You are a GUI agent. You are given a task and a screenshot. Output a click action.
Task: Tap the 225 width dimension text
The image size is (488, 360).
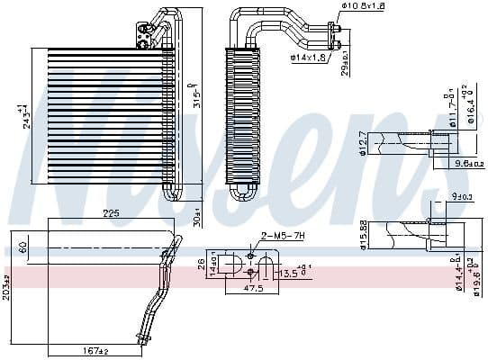pyautogui.click(x=111, y=214)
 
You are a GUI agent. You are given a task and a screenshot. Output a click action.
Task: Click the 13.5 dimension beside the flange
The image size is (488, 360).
pyautogui.click(x=293, y=272)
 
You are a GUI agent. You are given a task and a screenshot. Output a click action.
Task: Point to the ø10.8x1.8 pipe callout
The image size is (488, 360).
pyautogui.click(x=362, y=7)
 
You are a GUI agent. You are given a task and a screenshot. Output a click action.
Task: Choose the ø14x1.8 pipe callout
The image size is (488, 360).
pyautogui.click(x=308, y=58)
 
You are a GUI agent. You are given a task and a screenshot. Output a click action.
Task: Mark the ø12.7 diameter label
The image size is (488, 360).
pyautogui.click(x=362, y=143)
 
